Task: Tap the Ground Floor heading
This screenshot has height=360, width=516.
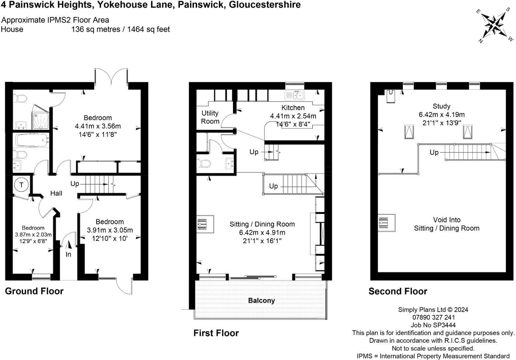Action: click(x=34, y=291)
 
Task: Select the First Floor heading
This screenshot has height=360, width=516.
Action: click(x=216, y=333)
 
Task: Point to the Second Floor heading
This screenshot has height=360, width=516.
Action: click(x=398, y=291)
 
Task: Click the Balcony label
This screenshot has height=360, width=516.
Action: click(x=261, y=301)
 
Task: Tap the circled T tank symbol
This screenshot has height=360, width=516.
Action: click(x=22, y=185)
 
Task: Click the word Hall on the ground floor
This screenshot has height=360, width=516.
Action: click(x=56, y=193)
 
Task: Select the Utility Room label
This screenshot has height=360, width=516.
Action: click(x=210, y=117)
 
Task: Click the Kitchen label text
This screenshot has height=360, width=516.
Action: click(x=293, y=108)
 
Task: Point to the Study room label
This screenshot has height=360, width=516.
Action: click(x=442, y=106)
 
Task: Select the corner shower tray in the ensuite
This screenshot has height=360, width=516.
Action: click(x=41, y=117)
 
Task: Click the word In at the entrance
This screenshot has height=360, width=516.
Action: click(x=69, y=255)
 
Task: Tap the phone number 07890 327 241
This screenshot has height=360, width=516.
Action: click(x=433, y=317)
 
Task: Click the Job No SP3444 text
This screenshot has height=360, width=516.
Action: click(x=433, y=325)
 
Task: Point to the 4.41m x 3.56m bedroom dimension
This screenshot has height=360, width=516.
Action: click(x=98, y=126)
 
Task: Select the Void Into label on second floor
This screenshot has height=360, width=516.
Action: click(x=447, y=220)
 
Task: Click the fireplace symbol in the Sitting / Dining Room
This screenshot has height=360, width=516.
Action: click(x=205, y=224)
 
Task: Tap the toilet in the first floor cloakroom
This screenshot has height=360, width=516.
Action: click(x=203, y=163)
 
